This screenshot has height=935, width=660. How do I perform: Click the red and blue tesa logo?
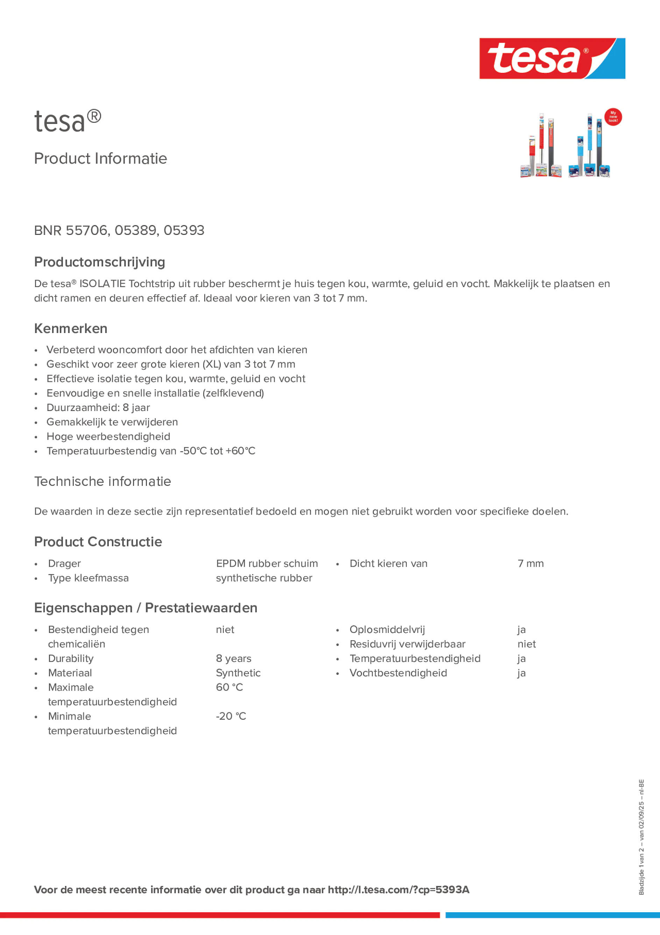(552, 59)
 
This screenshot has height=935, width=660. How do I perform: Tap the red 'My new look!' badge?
(613, 117)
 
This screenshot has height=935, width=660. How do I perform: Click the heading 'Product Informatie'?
(100, 159)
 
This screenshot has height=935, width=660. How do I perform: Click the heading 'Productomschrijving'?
(100, 262)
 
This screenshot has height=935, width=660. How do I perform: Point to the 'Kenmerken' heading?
(71, 328)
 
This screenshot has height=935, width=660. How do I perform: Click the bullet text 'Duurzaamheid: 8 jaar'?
(98, 407)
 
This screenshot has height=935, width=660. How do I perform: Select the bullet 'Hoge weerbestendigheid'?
(108, 437)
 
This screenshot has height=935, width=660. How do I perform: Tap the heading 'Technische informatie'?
(102, 481)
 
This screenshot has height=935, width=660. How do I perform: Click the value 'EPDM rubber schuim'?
(267, 564)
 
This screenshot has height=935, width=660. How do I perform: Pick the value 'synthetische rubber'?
(264, 578)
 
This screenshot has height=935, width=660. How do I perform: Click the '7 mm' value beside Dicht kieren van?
(531, 564)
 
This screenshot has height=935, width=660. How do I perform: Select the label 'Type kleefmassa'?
(88, 578)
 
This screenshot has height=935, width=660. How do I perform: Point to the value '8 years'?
(234, 658)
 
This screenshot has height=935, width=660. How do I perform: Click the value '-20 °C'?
(231, 716)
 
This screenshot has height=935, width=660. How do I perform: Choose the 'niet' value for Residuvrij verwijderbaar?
(526, 644)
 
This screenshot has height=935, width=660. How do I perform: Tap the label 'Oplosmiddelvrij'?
(387, 630)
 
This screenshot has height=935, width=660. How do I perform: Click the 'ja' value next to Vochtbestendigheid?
(521, 673)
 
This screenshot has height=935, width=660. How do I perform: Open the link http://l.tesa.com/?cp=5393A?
(398, 890)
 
